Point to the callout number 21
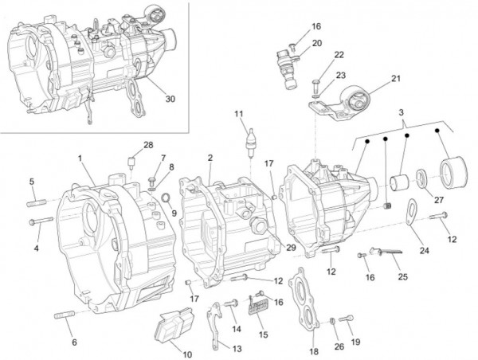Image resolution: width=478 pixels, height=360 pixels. pyautogui.click(x=396, y=78)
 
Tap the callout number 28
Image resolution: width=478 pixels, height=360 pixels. pyautogui.click(x=147, y=145)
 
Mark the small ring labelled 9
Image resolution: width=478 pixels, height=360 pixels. pyautogui.click(x=164, y=197)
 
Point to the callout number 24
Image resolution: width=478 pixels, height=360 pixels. pyautogui.click(x=424, y=251)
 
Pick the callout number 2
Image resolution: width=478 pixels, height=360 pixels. pyautogui.click(x=209, y=158)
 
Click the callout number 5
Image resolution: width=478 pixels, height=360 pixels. pyautogui.click(x=32, y=182)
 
